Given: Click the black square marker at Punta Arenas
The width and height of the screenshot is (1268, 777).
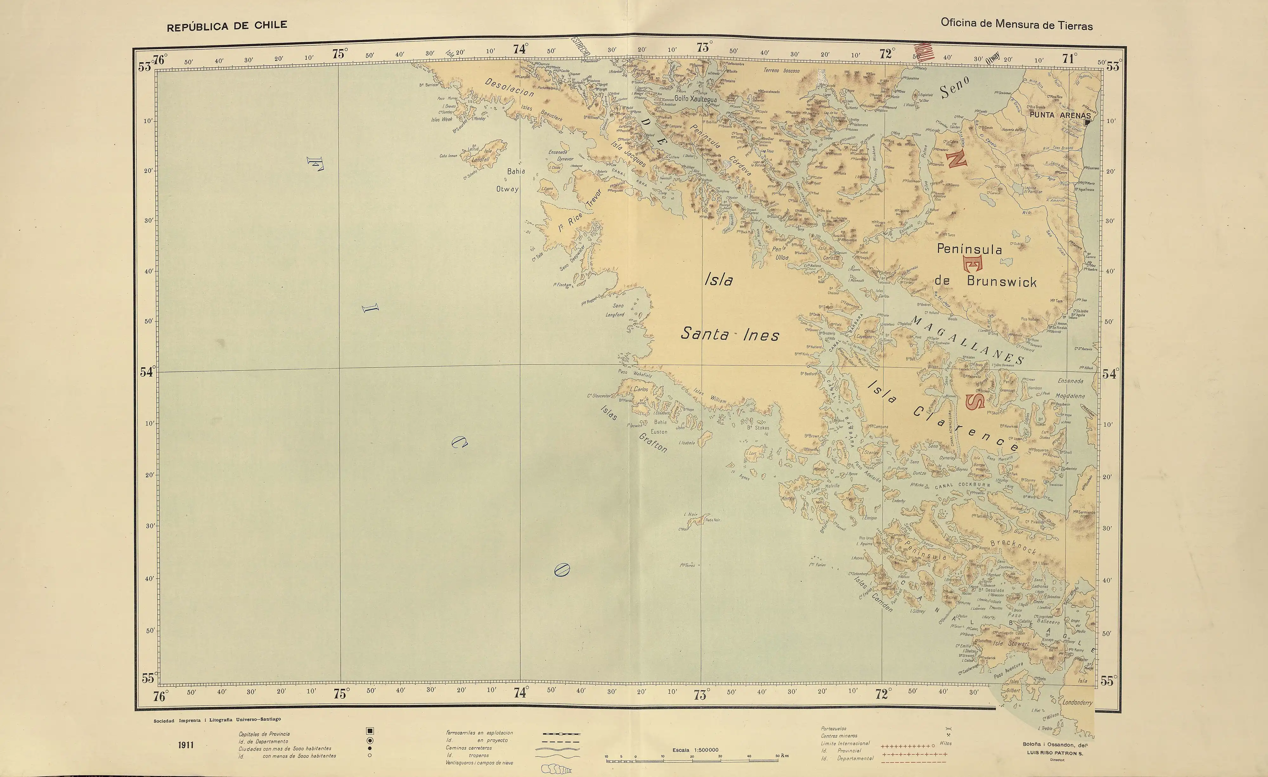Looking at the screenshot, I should (x=1087, y=122).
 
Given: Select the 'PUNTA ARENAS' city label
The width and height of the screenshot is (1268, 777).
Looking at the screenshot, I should (x=1060, y=115).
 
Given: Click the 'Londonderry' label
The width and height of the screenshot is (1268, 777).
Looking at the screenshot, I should (x=1077, y=703).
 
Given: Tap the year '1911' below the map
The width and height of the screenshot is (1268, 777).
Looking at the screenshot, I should (x=186, y=745).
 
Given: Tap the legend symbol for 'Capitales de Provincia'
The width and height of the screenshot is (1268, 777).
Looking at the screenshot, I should (x=370, y=731).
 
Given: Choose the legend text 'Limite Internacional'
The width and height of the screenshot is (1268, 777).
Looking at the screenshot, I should (x=845, y=743).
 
